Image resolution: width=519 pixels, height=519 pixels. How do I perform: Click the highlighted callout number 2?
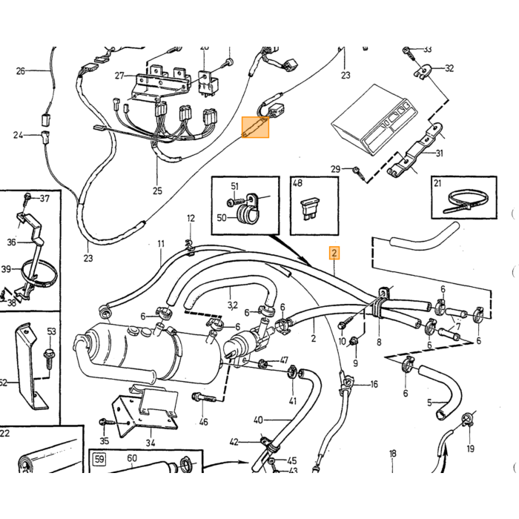click(334, 254)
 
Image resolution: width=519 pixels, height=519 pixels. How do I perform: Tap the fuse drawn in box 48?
click(309, 209)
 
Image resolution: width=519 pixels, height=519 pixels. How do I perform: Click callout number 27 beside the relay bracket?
click(119, 76)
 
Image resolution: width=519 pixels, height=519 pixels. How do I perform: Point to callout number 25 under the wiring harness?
click(157, 191)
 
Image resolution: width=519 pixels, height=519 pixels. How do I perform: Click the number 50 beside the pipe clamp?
click(222, 218)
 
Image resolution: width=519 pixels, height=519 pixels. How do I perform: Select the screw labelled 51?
click(238, 201)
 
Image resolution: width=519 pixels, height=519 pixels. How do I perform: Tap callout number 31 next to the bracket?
click(439, 153)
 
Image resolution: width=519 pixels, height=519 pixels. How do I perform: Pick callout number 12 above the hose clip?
click(191, 219)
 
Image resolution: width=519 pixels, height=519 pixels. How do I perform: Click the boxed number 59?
click(99, 460)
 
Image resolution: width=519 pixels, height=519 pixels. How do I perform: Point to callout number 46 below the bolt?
click(204, 422)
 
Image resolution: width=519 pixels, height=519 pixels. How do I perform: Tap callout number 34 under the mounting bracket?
click(151, 443)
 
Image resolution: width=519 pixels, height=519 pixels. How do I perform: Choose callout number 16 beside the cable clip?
click(374, 384)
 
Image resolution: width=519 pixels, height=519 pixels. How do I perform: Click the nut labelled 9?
click(354, 340)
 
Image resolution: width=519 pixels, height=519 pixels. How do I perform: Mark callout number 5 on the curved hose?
click(429, 403)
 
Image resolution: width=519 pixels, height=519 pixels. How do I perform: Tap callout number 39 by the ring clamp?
click(6, 269)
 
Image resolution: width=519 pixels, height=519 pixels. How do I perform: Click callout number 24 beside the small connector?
click(18, 135)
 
